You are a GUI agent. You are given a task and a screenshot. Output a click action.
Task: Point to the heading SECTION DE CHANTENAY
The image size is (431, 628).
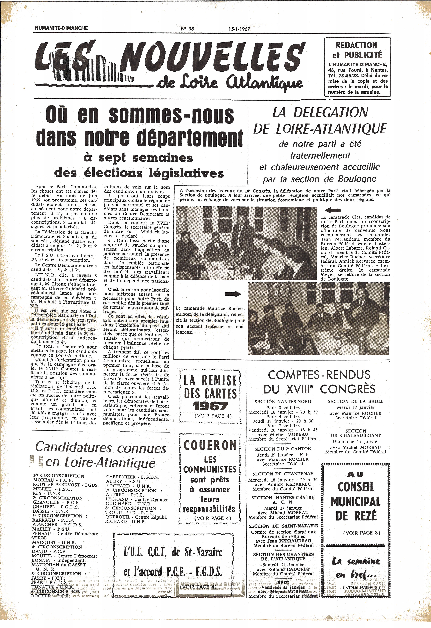[283, 474]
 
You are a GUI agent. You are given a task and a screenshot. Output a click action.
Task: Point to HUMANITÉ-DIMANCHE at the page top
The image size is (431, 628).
[61, 28]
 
